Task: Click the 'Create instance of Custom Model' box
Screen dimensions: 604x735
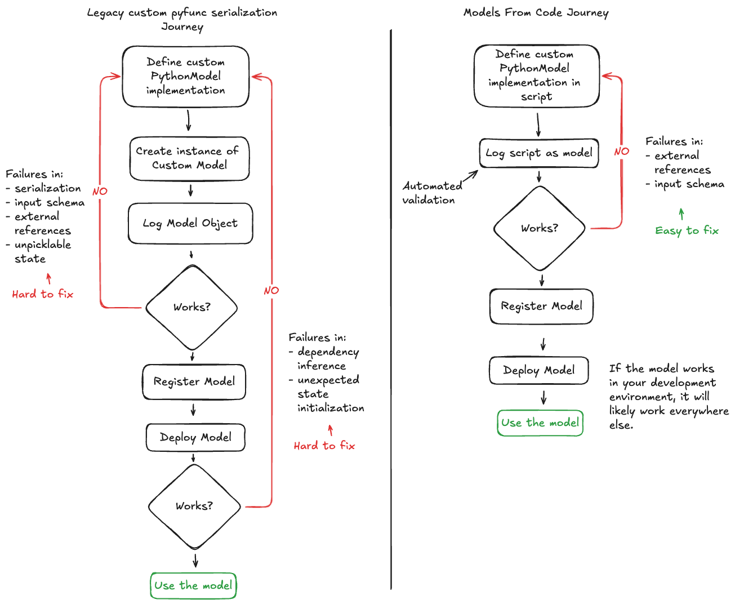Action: [x=189, y=159]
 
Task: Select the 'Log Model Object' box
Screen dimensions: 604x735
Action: [x=190, y=224]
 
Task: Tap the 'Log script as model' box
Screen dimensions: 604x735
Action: [x=538, y=153]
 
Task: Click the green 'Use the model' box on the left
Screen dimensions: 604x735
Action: [x=193, y=586]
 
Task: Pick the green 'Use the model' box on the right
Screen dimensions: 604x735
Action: [x=540, y=423]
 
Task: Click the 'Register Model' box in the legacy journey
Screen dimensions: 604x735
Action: [x=194, y=382]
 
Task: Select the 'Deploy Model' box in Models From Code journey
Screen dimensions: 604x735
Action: [x=539, y=371]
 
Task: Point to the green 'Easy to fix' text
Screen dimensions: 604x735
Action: [x=687, y=231]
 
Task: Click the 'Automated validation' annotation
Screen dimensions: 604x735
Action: [x=431, y=193]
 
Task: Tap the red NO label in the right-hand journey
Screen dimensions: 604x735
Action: [x=621, y=152]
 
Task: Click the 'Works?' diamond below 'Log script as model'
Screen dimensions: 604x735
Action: [x=540, y=229]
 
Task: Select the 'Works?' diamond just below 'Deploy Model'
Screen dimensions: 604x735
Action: [x=194, y=506]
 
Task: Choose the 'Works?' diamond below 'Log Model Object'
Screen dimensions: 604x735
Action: [x=191, y=308]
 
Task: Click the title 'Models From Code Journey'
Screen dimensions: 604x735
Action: [x=536, y=13]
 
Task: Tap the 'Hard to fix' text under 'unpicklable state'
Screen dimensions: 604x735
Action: [x=43, y=294]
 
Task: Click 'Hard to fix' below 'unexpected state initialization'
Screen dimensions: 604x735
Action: [x=324, y=446]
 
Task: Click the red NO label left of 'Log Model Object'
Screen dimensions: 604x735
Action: [x=100, y=192]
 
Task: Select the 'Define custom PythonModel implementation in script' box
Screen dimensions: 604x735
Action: [x=536, y=76]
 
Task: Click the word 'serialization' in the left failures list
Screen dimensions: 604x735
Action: [x=47, y=189]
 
